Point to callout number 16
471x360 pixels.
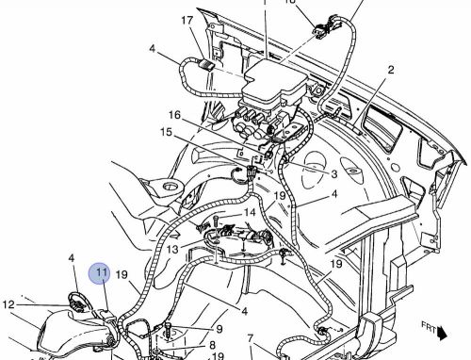tap(174, 115)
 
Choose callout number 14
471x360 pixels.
tap(249, 214)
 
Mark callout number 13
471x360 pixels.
tap(172, 249)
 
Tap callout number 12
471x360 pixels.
tap(8, 304)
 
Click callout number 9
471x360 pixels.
tap(219, 329)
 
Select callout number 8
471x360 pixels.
tap(213, 345)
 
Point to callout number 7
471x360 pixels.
tap(251, 338)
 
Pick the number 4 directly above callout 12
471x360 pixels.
tap(72, 257)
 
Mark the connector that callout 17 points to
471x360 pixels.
tap(203, 64)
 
